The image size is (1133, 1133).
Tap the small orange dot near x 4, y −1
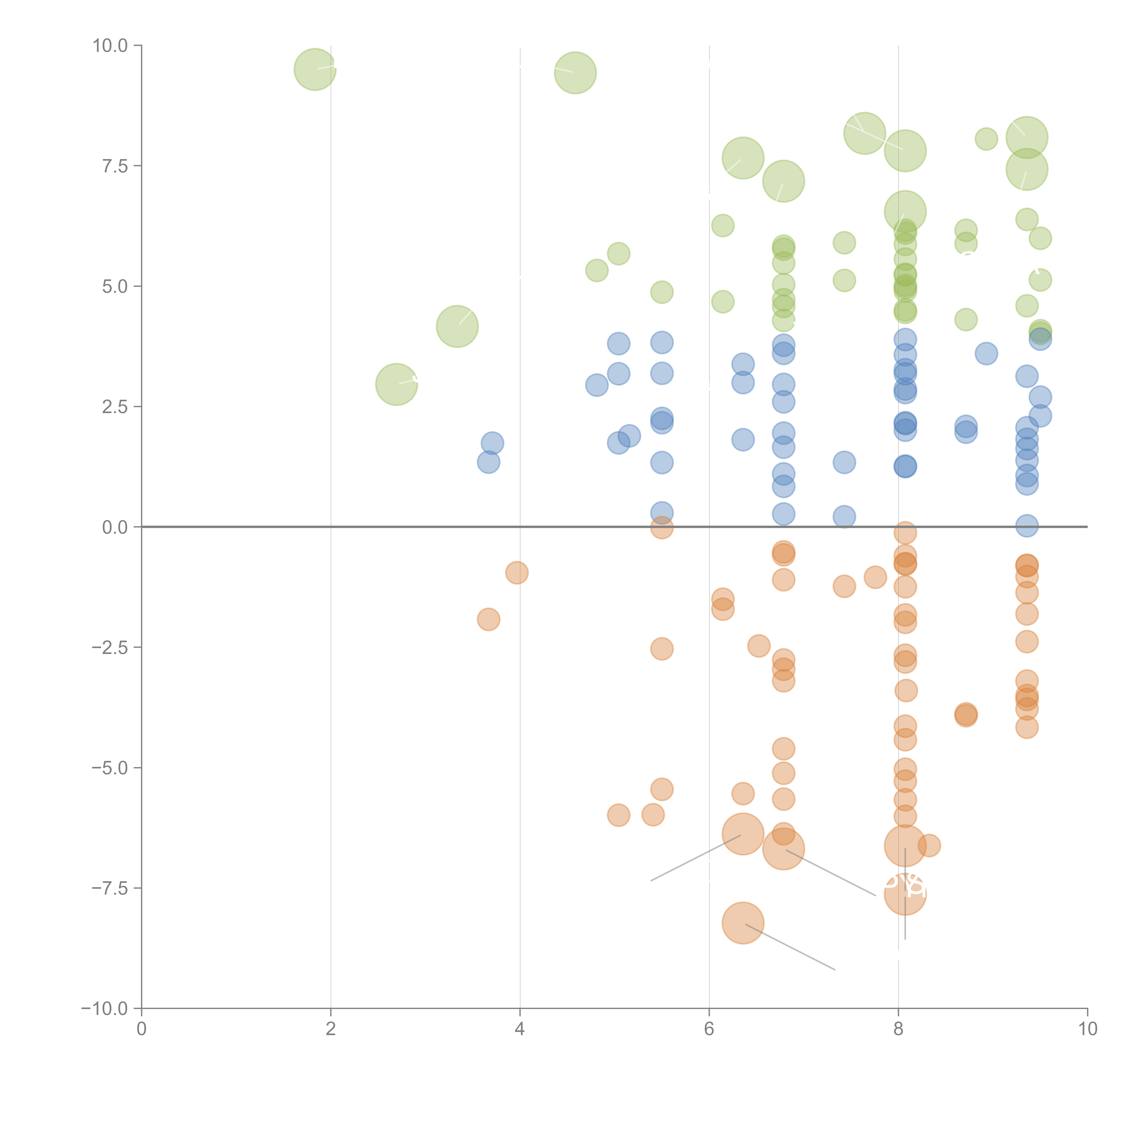[x=517, y=572]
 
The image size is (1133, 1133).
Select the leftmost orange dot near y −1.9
[x=489, y=619]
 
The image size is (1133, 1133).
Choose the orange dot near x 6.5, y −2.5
[x=759, y=646]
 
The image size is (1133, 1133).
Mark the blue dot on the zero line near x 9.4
[x=1026, y=525]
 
